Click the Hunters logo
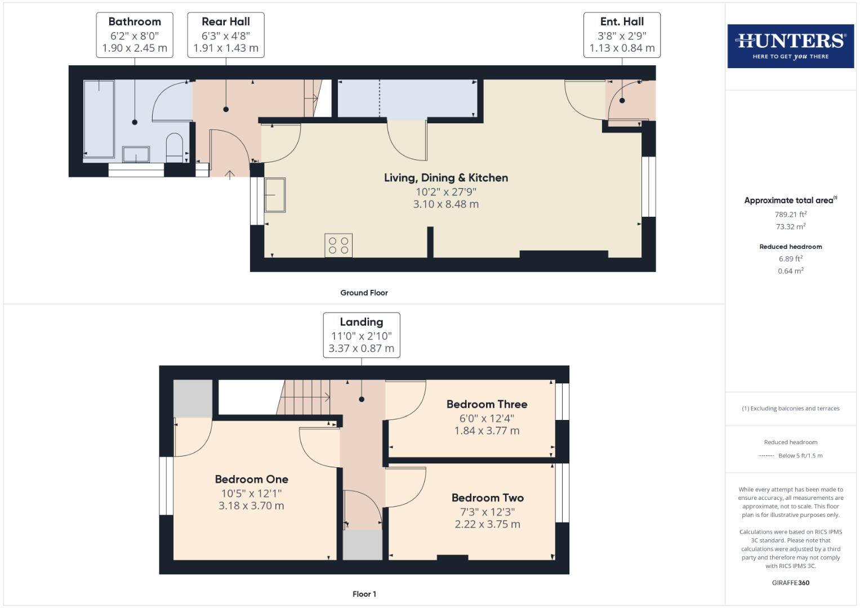(790, 46)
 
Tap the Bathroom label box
(135, 35)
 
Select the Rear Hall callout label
(226, 35)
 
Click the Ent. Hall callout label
(622, 35)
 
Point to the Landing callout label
(361, 335)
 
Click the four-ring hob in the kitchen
(338, 245)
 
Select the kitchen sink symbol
(275, 195)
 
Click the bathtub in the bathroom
(99, 118)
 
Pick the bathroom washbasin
(136, 154)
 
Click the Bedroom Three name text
(487, 404)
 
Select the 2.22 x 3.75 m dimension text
(487, 524)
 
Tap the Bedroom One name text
(251, 479)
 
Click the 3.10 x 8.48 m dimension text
(445, 204)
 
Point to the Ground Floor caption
(364, 293)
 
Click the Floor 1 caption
(364, 594)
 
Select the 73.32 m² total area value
(790, 226)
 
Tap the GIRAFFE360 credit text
(790, 583)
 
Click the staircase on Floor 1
(306, 397)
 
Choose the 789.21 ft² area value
(790, 214)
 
